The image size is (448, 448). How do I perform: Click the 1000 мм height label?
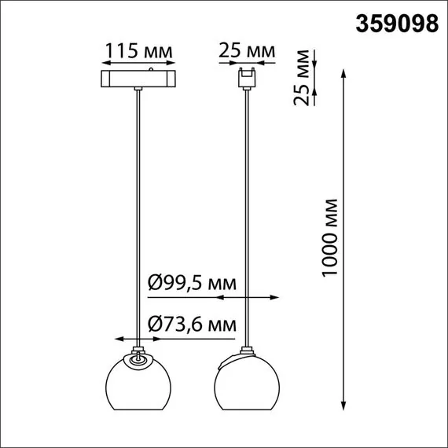(x=331, y=235)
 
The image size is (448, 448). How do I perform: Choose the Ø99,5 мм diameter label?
(x=192, y=281)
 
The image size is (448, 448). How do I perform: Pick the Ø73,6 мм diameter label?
(x=192, y=322)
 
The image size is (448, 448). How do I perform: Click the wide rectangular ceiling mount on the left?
(x=138, y=79)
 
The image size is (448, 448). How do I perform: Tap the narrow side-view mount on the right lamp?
(x=248, y=79)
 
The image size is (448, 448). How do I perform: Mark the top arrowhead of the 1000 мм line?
(x=343, y=73)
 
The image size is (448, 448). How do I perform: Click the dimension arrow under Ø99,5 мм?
(x=248, y=298)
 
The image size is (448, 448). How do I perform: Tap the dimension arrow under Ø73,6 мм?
(x=138, y=339)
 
